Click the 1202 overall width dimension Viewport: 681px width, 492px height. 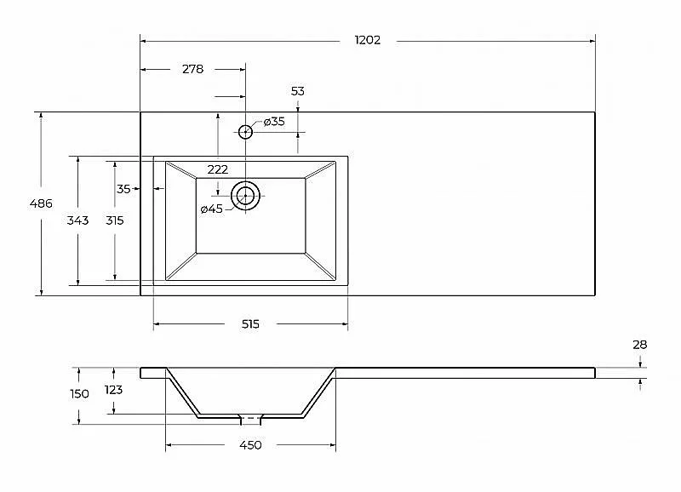pos(368,40)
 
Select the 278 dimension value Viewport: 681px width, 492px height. pos(193,69)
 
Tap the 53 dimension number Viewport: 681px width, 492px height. pos(297,91)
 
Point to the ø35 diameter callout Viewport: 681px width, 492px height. pos(274,122)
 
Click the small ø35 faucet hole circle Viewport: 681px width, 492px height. pos(245,132)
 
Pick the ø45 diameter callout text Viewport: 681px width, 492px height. pos(211,209)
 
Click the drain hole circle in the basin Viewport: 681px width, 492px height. pos(245,196)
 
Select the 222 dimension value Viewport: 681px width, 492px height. pos(218,169)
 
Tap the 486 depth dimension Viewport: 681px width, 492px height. pos(41,203)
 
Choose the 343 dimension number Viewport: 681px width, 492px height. pos(77,220)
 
